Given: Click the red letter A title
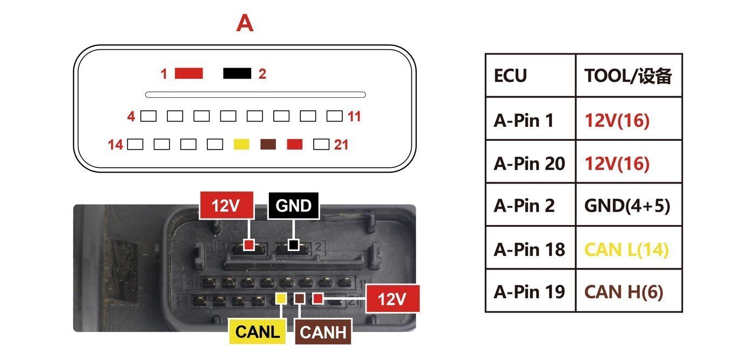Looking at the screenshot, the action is click(245, 23).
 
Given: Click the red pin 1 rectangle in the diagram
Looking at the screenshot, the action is click(188, 73).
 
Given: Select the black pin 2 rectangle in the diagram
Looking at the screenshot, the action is click(237, 73).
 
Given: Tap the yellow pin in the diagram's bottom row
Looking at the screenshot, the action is click(242, 144).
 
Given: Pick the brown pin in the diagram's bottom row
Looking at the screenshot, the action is click(268, 144).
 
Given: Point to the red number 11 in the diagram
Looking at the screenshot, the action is click(354, 117).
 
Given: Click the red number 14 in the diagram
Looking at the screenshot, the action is click(116, 145).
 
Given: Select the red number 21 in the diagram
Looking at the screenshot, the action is click(341, 145).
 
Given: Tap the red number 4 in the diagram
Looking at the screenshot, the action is click(131, 117).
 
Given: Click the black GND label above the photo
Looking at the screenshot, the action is click(293, 206).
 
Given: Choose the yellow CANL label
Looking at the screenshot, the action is click(258, 331).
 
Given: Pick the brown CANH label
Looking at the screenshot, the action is click(323, 332).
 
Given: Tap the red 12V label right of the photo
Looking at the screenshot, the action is click(393, 298).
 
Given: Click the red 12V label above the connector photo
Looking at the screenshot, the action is click(226, 205).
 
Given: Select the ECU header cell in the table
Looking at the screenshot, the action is click(530, 75).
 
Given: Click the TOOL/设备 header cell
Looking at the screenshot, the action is click(629, 75).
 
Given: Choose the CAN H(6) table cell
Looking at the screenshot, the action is click(629, 291).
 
